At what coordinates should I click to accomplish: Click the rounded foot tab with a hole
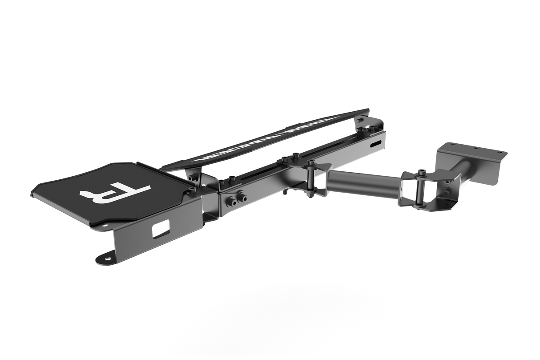[105, 259]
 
